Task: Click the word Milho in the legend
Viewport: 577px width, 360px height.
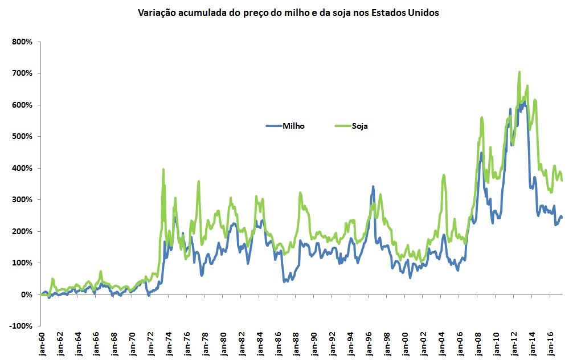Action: tap(293, 126)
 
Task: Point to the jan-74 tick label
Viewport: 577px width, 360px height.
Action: tap(169, 344)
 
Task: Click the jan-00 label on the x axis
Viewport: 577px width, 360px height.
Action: tap(404, 344)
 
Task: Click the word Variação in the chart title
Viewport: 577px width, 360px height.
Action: tap(156, 13)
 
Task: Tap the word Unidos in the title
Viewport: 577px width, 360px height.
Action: tap(422, 13)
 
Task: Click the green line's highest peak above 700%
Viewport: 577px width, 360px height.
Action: tap(519, 72)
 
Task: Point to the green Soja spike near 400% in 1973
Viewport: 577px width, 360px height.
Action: tap(163, 169)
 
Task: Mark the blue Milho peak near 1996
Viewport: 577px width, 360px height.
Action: tap(373, 186)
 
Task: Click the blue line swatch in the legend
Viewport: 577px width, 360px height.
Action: tap(273, 126)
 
